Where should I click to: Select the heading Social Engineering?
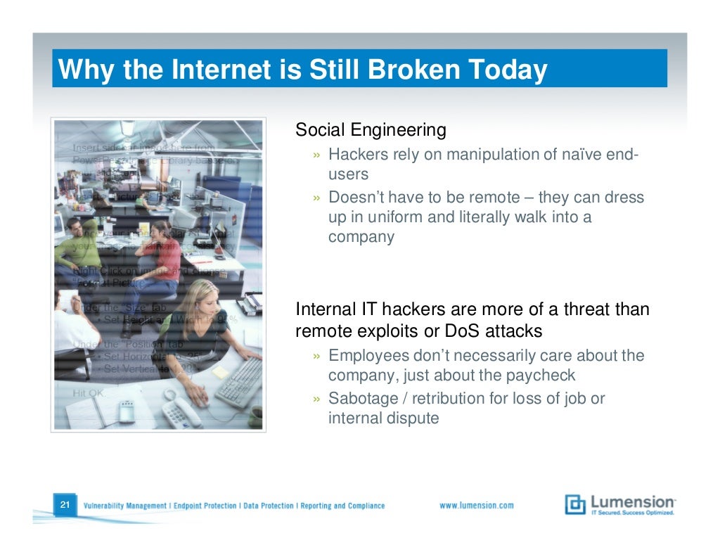[371, 130]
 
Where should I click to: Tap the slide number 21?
[64, 506]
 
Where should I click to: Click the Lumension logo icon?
[575, 505]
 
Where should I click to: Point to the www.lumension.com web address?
[476, 506]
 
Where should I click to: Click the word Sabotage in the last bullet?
[361, 399]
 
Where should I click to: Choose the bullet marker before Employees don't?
[318, 357]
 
